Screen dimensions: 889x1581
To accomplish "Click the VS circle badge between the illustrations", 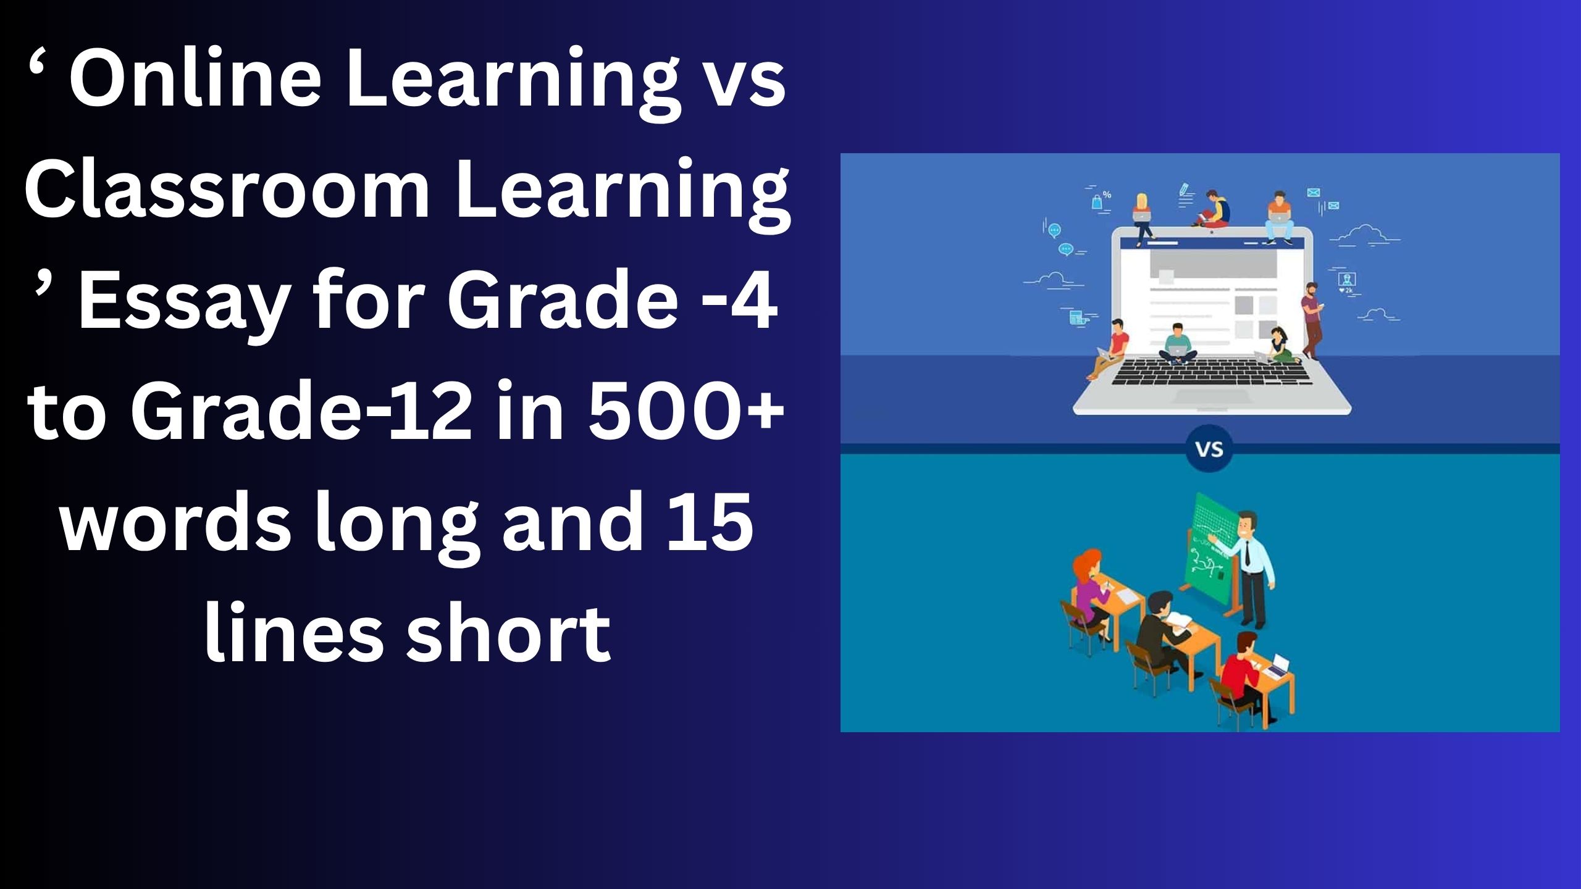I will [x=1209, y=449].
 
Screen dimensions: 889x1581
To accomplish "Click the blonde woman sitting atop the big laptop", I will [x=1143, y=213].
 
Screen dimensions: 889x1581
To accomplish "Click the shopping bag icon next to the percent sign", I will [x=1097, y=201].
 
